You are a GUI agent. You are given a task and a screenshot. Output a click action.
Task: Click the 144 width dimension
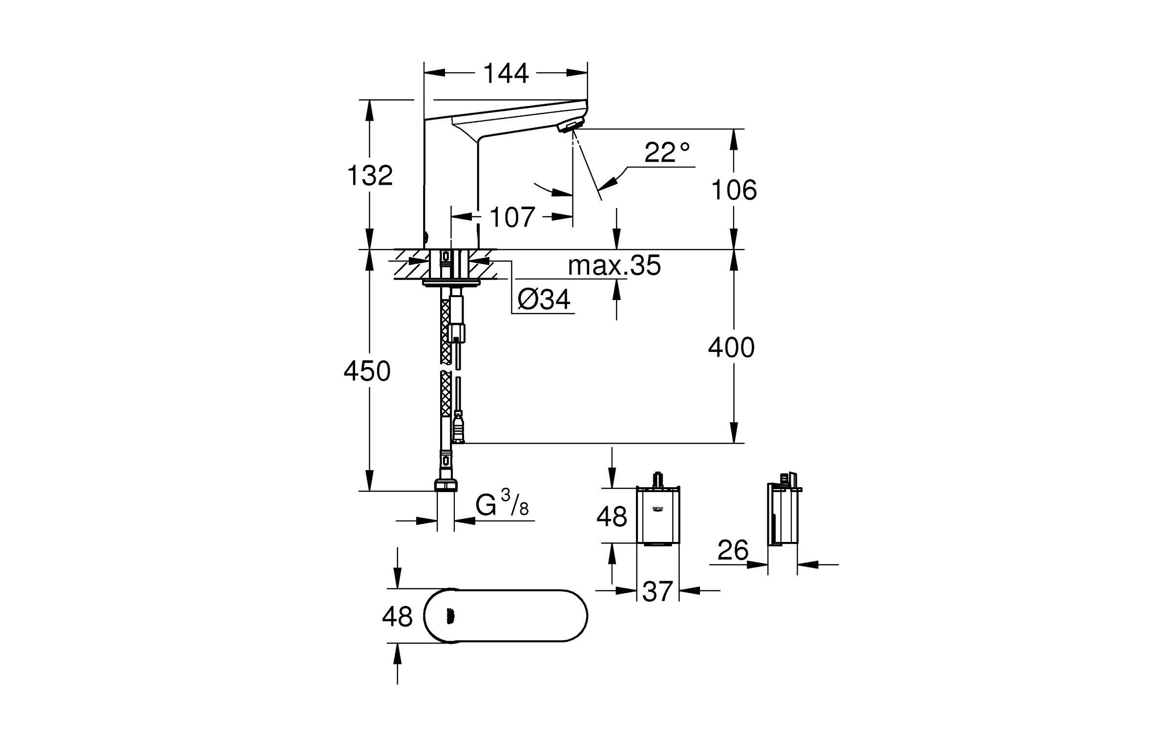pyautogui.click(x=506, y=74)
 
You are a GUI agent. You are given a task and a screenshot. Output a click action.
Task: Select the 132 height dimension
pyautogui.click(x=370, y=175)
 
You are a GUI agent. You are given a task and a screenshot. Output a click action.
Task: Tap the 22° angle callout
pyautogui.click(x=667, y=152)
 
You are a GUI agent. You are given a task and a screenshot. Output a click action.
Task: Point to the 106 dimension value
pyautogui.click(x=734, y=190)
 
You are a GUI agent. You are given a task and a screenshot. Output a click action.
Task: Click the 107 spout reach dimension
pyautogui.click(x=512, y=217)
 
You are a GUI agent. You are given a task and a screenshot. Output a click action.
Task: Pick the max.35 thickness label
pyautogui.click(x=614, y=265)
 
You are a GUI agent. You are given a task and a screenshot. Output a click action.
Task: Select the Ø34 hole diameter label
pyautogui.click(x=543, y=299)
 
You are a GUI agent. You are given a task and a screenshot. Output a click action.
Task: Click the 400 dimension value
pyautogui.click(x=732, y=347)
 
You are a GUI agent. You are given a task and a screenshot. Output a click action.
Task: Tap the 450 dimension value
pyautogui.click(x=367, y=371)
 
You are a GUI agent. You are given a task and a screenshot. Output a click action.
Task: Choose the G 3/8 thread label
pyautogui.click(x=502, y=504)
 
